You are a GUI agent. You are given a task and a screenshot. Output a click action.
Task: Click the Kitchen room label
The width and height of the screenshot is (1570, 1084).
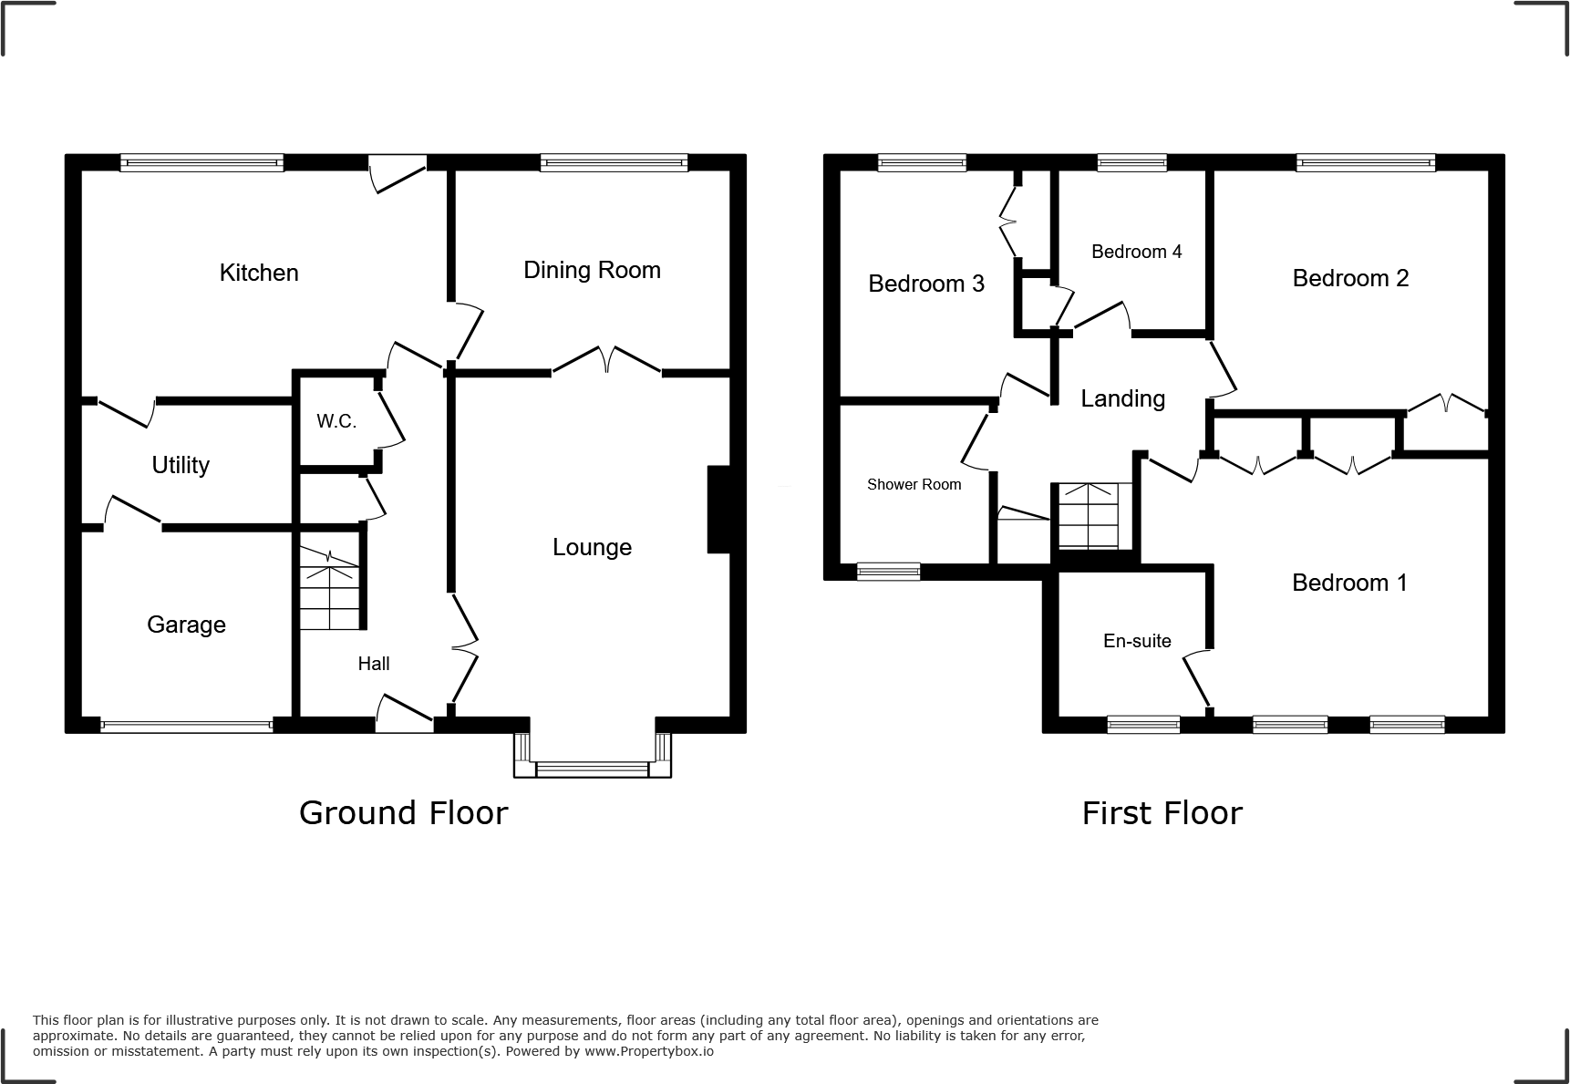[259, 273]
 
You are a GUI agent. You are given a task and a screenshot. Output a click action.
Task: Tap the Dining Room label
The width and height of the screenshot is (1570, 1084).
[592, 270]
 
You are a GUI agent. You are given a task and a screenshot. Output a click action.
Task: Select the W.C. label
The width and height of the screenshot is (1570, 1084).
[336, 421]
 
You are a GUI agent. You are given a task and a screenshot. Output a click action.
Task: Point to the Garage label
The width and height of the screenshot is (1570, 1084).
[186, 625]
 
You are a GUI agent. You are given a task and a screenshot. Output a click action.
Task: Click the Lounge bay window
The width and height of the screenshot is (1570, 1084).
[593, 769]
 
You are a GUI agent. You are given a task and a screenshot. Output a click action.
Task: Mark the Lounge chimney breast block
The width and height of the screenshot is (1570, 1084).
[719, 510]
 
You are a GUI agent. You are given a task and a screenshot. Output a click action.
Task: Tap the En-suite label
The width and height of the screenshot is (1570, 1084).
[1137, 641]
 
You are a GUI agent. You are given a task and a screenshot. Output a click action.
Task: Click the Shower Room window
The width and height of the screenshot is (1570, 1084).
[888, 572]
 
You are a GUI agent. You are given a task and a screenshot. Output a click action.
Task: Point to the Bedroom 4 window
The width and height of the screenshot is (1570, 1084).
[1131, 163]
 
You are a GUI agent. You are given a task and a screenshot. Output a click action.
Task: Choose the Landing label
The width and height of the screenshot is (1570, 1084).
[1122, 398]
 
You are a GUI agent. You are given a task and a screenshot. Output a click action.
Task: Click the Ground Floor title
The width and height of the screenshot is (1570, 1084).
[403, 812]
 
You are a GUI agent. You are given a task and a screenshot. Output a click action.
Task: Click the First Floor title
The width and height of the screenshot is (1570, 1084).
[1162, 813]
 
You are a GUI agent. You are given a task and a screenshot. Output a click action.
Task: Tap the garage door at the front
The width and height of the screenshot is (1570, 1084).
[186, 727]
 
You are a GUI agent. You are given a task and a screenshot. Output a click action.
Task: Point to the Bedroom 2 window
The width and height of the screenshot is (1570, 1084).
[1365, 163]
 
